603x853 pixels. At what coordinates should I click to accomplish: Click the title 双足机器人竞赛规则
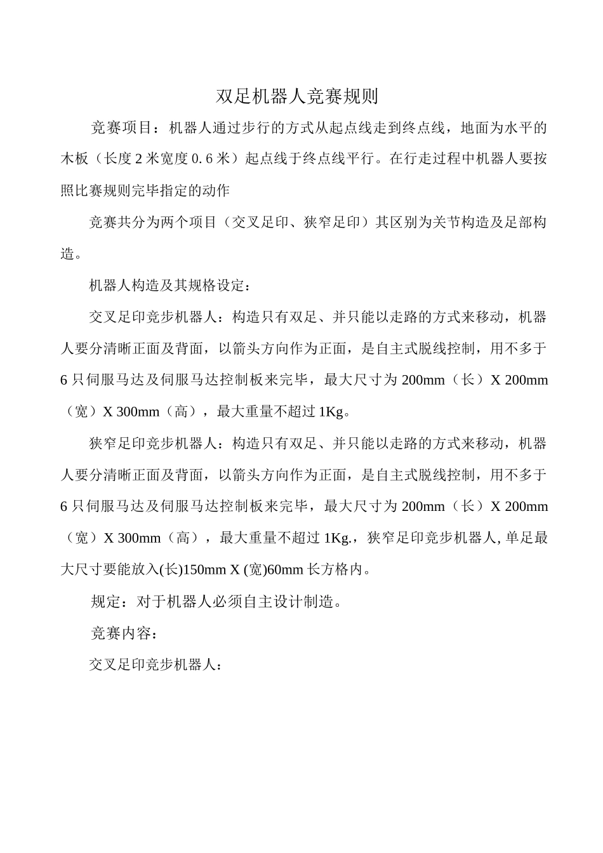[x=297, y=96]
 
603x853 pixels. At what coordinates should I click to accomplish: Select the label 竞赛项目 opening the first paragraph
[x=120, y=128]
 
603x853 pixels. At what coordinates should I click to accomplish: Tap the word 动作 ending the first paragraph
[x=216, y=191]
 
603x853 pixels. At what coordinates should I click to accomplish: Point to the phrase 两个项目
[x=189, y=223]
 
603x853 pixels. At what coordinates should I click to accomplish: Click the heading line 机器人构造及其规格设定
[x=167, y=286]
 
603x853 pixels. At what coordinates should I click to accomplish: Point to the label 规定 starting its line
[x=105, y=602]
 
